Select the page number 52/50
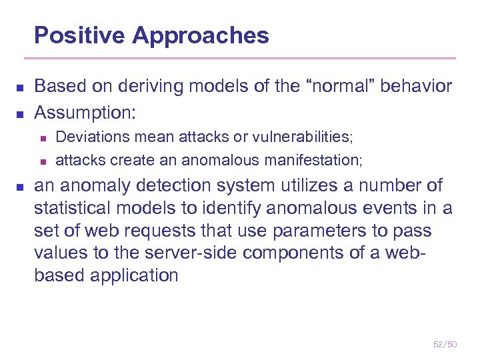(x=445, y=344)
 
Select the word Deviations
(x=87, y=137)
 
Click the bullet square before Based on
(x=20, y=88)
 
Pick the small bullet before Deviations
(x=41, y=138)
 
